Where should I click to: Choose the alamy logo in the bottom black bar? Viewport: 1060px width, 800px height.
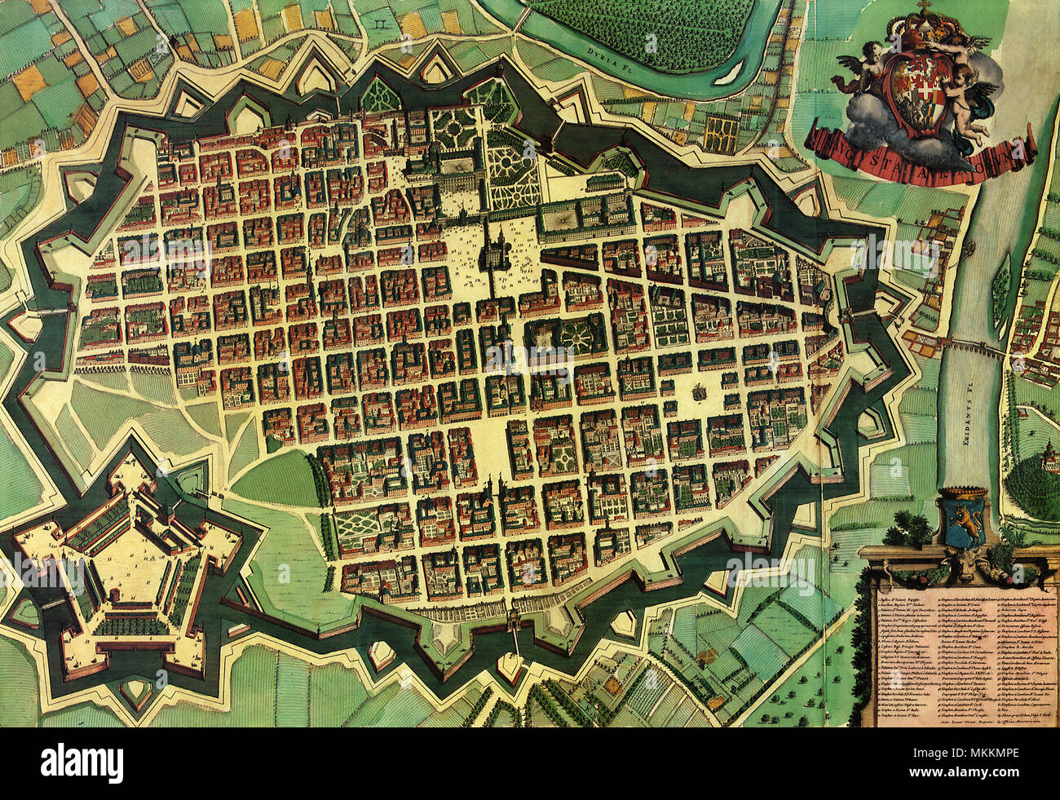tap(82, 763)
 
